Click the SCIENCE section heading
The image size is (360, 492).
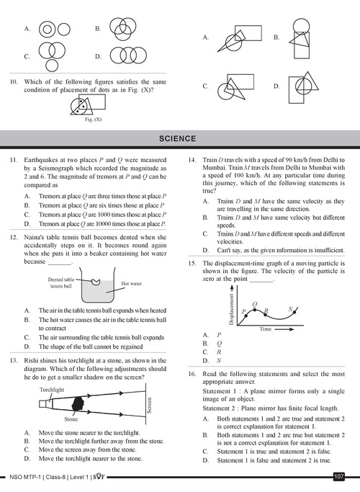pos(178,139)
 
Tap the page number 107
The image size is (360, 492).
pos(338,477)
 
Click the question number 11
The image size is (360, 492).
pos(14,160)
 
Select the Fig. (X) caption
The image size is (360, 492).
pos(93,120)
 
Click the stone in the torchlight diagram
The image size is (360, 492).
pos(78,403)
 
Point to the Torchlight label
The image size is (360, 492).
pos(52,390)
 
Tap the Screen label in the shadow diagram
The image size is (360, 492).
pos(150,406)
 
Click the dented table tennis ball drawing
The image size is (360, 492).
pos(96,282)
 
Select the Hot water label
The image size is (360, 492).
pos(131,284)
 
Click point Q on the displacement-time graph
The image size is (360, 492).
pos(255,310)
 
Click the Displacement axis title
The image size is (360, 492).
pos(231,309)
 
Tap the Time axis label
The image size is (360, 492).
pos(265,329)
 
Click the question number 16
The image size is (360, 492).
pos(192,374)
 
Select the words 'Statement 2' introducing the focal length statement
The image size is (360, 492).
pos(217,408)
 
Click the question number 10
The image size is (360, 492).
pos(14,82)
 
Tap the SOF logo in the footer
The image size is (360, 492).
pos(99,478)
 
